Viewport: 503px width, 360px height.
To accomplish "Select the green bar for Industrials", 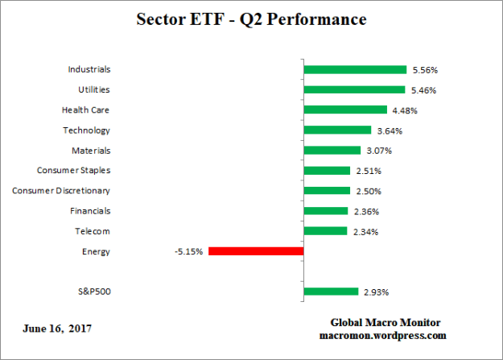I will (355, 70).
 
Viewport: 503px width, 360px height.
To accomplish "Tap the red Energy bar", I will (256, 251).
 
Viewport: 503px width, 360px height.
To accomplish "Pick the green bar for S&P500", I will (331, 292).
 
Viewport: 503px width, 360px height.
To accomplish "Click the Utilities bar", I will (354, 90).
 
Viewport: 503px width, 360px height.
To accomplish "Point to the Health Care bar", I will (345, 110).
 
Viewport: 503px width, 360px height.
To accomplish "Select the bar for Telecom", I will (325, 231).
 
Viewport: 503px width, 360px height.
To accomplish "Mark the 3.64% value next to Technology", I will (389, 130).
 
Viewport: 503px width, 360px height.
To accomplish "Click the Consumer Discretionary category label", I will (61, 191).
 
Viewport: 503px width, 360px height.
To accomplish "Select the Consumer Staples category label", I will (74, 171).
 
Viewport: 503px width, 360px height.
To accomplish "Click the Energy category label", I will (96, 251).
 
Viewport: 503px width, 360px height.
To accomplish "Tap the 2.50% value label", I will (368, 191).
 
